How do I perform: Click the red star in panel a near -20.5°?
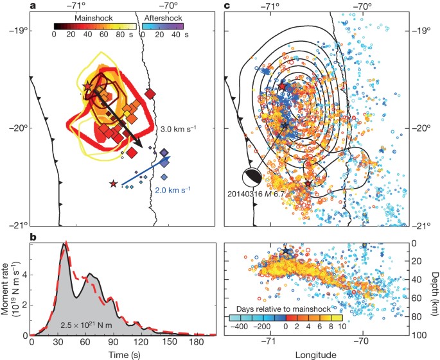click(x=114, y=184)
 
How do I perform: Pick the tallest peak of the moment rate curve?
click(x=64, y=243)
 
